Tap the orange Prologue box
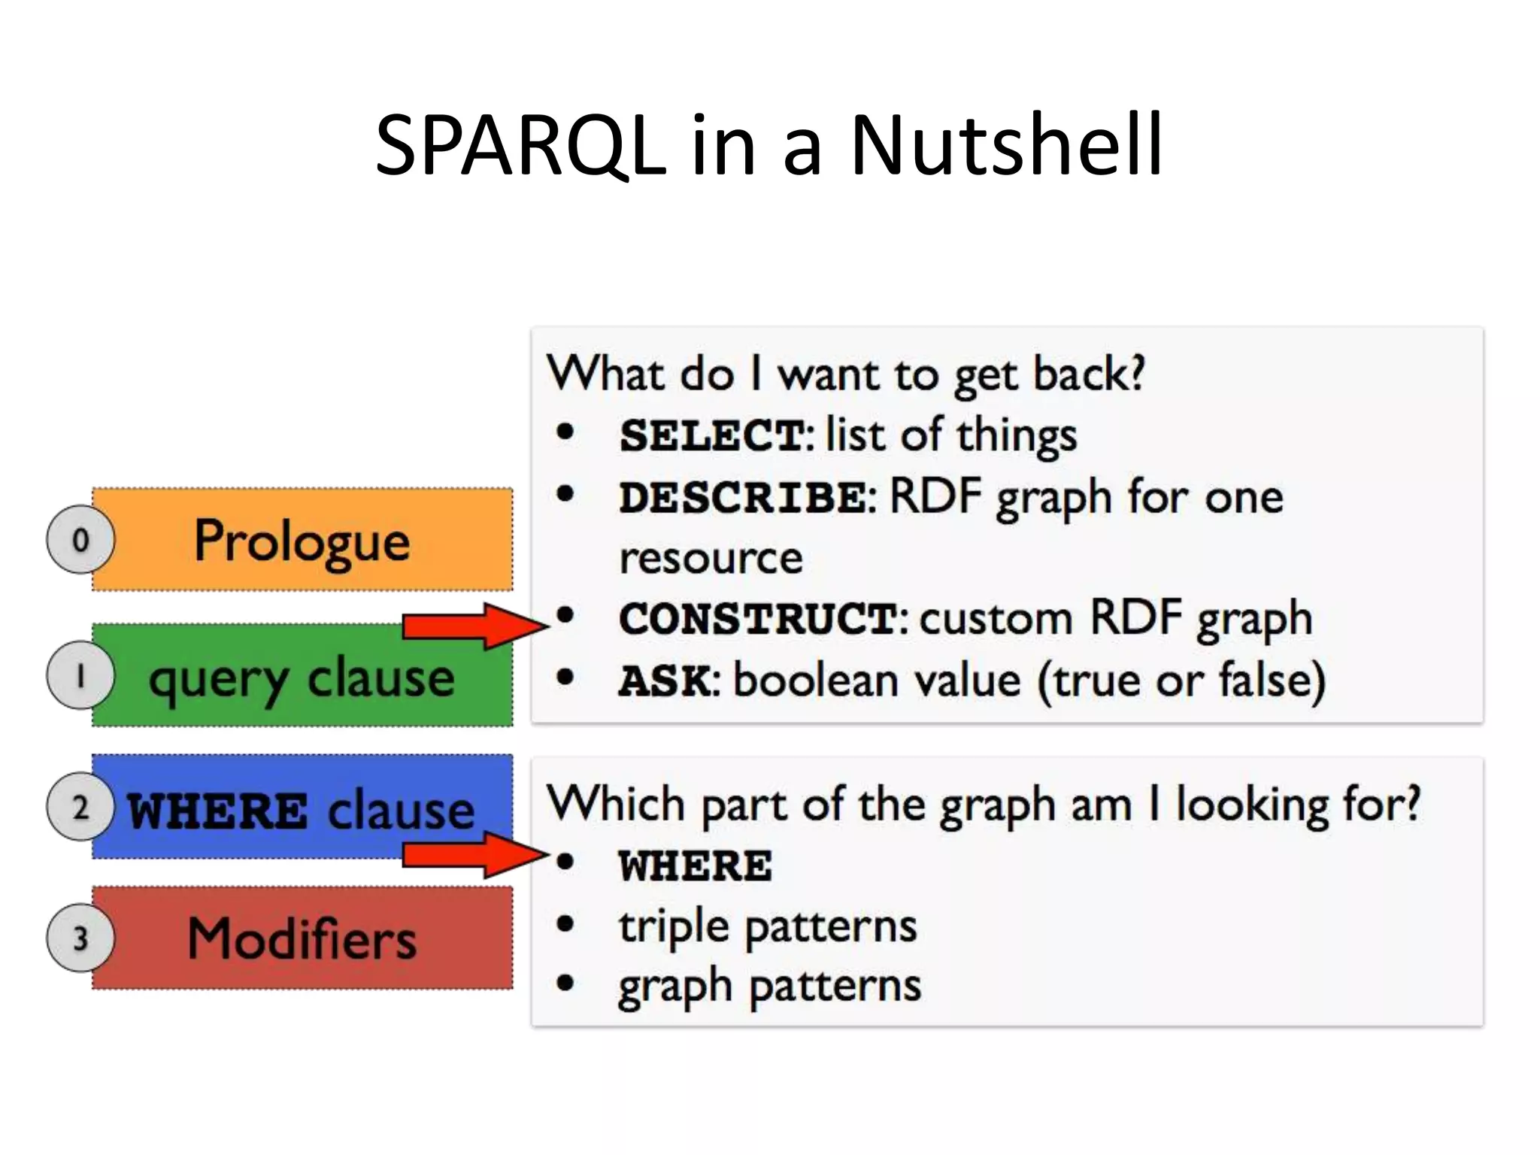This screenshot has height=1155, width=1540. pyautogui.click(x=302, y=540)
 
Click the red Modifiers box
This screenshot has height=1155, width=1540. pyautogui.click(x=302, y=938)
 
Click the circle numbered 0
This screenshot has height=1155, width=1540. pyautogui.click(x=80, y=540)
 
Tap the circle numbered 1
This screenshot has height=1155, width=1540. pyautogui.click(x=80, y=675)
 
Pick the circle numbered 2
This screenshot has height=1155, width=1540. pyautogui.click(x=80, y=807)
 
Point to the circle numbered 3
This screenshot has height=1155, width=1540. pyautogui.click(x=80, y=938)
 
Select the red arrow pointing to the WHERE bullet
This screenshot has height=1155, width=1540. pyautogui.click(x=474, y=854)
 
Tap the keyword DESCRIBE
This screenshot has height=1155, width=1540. pyautogui.click(x=742, y=498)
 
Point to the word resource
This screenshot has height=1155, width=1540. pyautogui.click(x=711, y=559)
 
